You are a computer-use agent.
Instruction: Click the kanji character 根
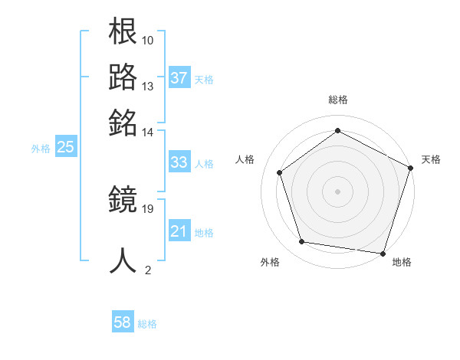(123, 32)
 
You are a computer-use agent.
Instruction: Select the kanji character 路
(123, 77)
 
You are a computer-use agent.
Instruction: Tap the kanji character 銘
(123, 123)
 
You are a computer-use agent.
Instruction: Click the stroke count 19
(148, 208)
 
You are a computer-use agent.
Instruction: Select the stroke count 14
(148, 132)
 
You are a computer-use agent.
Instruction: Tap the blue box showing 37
(179, 77)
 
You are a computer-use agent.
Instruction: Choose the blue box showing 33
(179, 162)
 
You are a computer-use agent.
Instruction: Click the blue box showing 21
(179, 231)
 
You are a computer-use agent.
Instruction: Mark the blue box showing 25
(65, 148)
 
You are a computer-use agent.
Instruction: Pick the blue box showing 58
(123, 323)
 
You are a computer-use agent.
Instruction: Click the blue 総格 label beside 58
(147, 324)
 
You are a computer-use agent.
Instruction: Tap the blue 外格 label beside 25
(40, 149)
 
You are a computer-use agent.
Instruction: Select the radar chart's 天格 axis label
(431, 159)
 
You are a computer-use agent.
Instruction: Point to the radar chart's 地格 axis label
(402, 262)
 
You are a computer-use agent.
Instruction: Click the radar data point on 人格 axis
(280, 172)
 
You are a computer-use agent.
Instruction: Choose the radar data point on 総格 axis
(337, 130)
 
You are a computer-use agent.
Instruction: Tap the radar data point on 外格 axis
(302, 242)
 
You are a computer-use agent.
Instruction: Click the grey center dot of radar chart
(337, 191)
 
